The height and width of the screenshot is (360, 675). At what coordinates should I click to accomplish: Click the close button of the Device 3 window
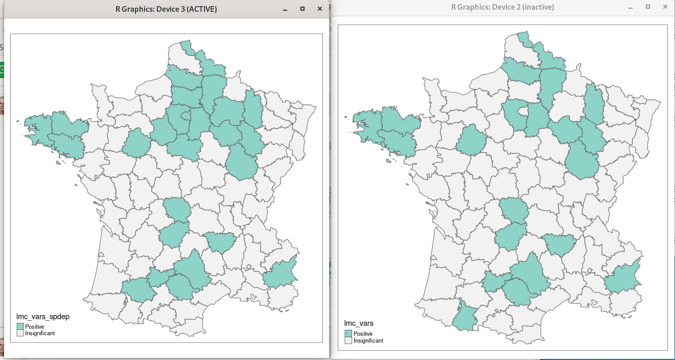pyautogui.click(x=319, y=9)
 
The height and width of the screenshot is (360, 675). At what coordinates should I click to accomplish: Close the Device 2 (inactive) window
pyautogui.click(x=665, y=7)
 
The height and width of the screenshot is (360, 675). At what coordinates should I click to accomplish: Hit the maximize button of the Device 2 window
pyautogui.click(x=647, y=7)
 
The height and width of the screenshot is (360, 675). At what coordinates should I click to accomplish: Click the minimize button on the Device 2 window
pyautogui.click(x=631, y=7)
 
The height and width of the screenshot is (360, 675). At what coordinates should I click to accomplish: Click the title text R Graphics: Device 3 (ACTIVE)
pyautogui.click(x=166, y=9)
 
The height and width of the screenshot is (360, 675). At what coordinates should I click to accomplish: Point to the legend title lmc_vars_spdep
pyautogui.click(x=43, y=317)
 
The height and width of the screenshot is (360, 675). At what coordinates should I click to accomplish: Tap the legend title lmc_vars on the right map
pyautogui.click(x=359, y=323)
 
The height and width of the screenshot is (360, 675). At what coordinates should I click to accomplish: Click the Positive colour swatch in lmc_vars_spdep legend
pyautogui.click(x=20, y=326)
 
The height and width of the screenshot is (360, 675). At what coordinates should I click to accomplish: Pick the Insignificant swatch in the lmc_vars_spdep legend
pyautogui.click(x=20, y=333)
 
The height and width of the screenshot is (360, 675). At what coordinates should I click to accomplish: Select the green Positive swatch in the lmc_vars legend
pyautogui.click(x=348, y=333)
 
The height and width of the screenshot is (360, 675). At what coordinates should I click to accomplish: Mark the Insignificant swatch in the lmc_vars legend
pyautogui.click(x=348, y=341)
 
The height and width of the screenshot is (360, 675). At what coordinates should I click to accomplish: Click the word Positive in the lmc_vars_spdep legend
pyautogui.click(x=35, y=327)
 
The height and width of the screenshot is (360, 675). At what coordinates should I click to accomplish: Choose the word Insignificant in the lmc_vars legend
pyautogui.click(x=368, y=341)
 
